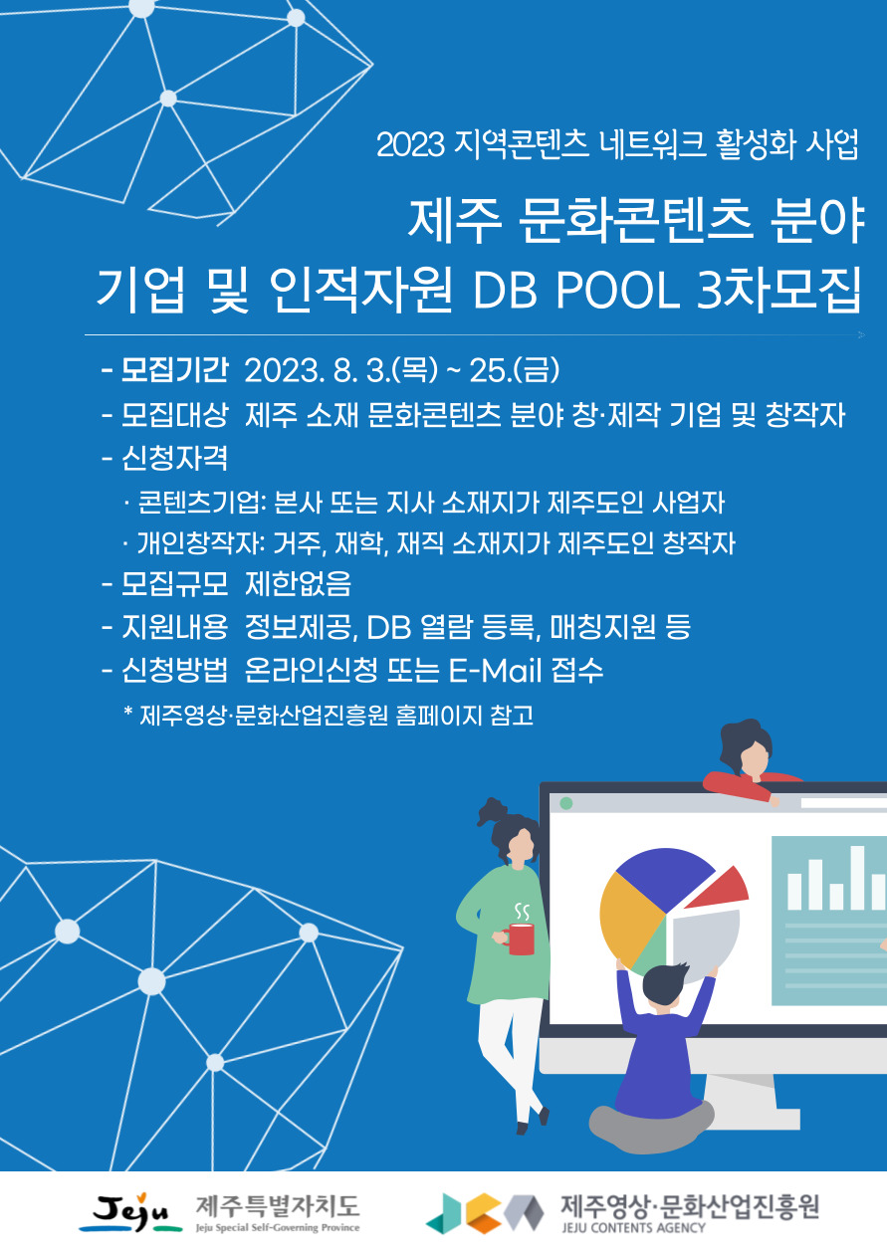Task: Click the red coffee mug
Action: pyautogui.click(x=519, y=939)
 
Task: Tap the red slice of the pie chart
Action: pyautogui.click(x=721, y=889)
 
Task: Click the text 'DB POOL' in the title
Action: pyautogui.click(x=576, y=292)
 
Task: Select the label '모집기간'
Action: pyautogui.click(x=175, y=370)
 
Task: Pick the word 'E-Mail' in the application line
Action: pyautogui.click(x=495, y=671)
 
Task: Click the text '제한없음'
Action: pyautogui.click(x=298, y=584)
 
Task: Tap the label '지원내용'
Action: pyautogui.click(x=175, y=627)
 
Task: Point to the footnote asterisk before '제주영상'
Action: pyautogui.click(x=128, y=711)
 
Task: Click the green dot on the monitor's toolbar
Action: pyautogui.click(x=566, y=803)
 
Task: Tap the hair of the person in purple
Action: pyautogui.click(x=666, y=983)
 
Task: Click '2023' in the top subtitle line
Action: pyautogui.click(x=411, y=145)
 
